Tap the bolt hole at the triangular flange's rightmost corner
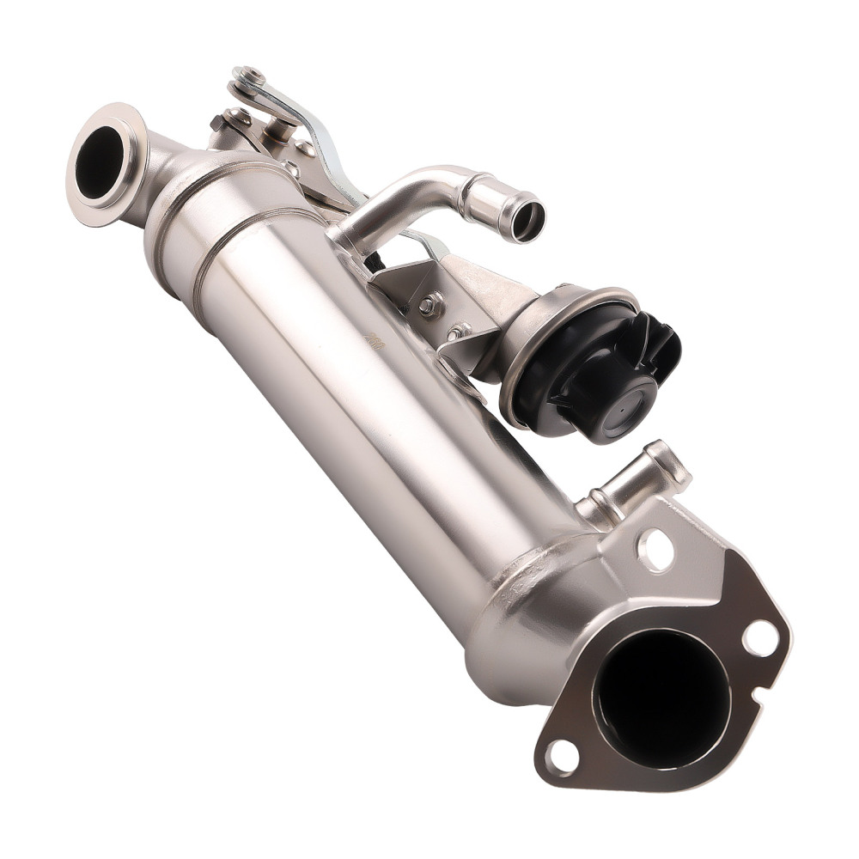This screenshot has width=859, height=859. click(759, 638)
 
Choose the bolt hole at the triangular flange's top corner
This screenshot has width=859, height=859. click(655, 549)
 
